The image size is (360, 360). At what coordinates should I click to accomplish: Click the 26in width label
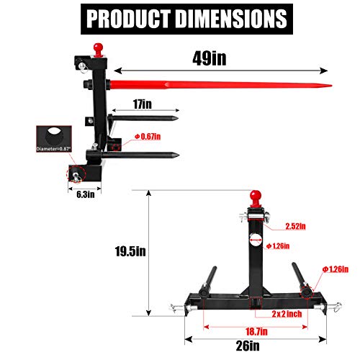249,345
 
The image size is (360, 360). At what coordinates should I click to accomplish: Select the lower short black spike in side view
144,153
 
